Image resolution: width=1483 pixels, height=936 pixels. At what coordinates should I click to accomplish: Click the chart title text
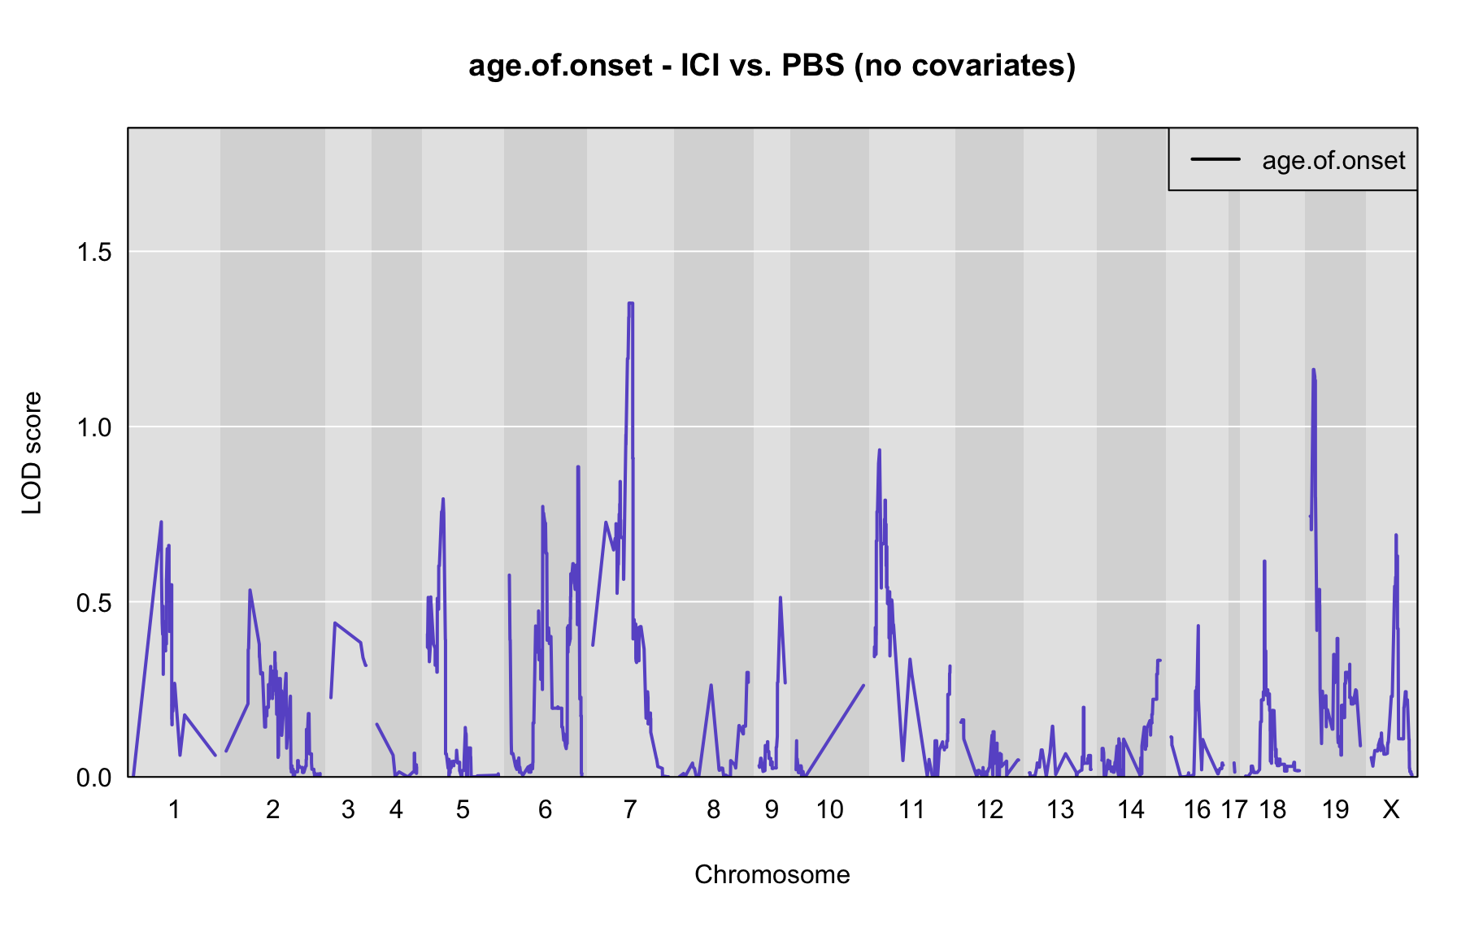[772, 65]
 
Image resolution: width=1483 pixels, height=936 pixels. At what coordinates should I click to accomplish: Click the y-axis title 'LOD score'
[33, 453]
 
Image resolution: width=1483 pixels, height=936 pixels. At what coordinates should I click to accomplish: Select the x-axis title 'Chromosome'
[772, 874]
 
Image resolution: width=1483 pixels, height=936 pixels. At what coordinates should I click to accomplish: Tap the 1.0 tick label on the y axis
[94, 427]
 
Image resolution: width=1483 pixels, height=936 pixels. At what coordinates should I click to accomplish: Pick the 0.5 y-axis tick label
[94, 602]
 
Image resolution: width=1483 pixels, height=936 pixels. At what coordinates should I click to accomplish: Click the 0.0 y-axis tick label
[94, 778]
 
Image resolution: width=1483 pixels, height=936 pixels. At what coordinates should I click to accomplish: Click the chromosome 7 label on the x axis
[630, 809]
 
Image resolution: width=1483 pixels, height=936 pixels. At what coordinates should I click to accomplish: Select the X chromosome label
[1391, 809]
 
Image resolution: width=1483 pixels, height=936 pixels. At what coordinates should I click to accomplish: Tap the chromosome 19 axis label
[1335, 809]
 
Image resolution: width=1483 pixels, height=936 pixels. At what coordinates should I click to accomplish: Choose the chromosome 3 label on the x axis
[348, 809]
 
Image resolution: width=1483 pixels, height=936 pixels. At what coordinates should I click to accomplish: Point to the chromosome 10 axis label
[829, 809]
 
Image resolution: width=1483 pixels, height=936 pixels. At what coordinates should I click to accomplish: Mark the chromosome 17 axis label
[1234, 809]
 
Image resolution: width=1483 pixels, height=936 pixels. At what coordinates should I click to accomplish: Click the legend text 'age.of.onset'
[1333, 161]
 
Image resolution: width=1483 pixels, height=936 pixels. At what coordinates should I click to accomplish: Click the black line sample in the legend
[1216, 159]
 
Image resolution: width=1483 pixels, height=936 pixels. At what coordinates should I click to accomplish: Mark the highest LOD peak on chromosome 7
[630, 303]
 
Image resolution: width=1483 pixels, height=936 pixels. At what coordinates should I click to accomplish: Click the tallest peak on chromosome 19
[1312, 370]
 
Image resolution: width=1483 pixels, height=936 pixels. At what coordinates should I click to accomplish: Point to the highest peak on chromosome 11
[879, 449]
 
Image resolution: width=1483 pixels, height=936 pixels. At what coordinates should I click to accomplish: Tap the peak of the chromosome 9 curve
[780, 597]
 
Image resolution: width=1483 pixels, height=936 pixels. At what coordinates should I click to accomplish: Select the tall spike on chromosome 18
[1264, 561]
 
